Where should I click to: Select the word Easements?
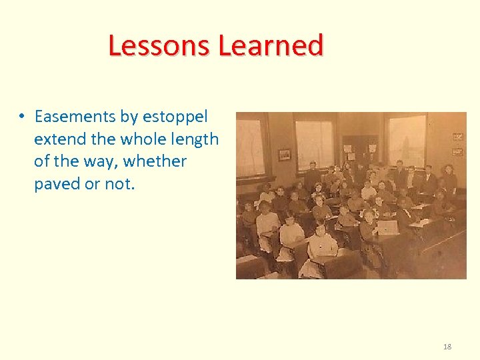(x=75, y=117)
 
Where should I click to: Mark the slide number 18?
(x=447, y=347)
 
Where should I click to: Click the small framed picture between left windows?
(x=284, y=155)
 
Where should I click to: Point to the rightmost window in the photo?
(x=407, y=139)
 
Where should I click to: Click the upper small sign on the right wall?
(x=457, y=137)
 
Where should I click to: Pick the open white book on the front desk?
(x=387, y=228)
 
